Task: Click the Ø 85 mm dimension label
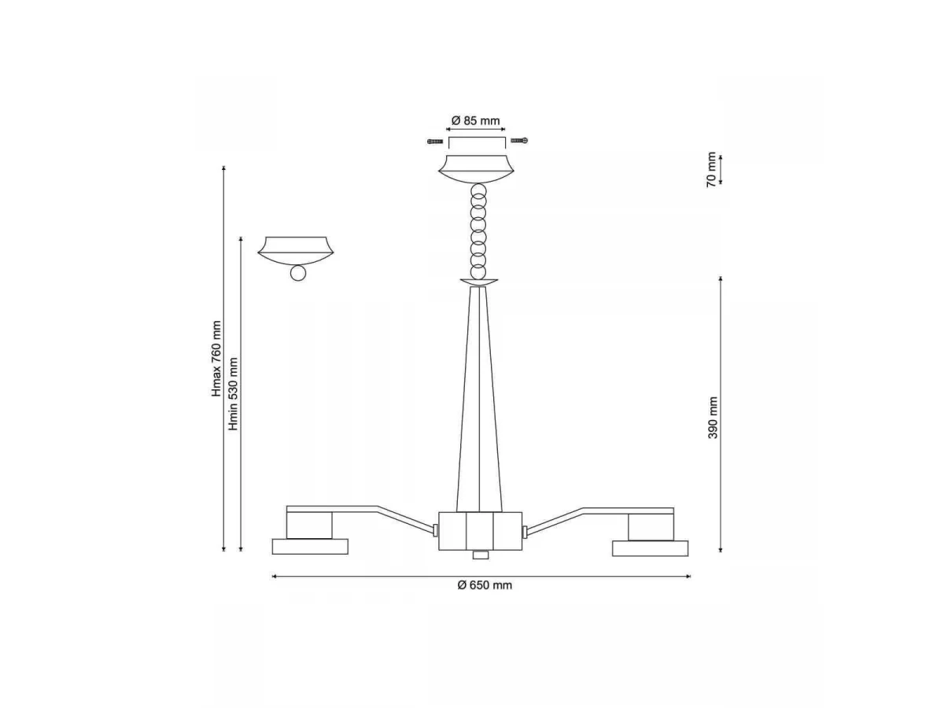tap(475, 121)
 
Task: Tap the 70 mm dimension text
tap(712, 169)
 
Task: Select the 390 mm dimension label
tap(713, 418)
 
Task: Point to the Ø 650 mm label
tap(485, 585)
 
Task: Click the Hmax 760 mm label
tap(216, 359)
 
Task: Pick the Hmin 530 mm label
tap(233, 394)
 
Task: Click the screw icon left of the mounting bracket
tap(435, 141)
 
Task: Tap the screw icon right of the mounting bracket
tap(519, 140)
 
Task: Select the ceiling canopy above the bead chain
tap(476, 169)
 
